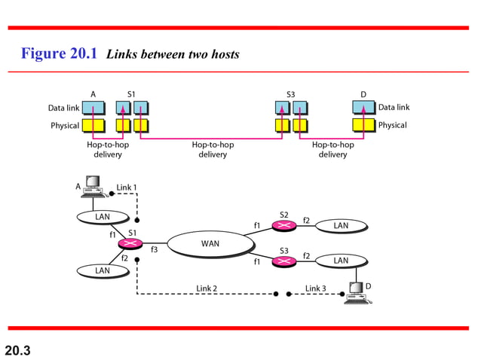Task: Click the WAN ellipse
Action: click(210, 243)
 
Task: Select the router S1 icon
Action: click(130, 243)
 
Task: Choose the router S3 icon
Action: click(283, 261)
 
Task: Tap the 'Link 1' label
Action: click(127, 187)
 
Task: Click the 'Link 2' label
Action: click(207, 288)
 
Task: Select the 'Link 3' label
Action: click(316, 288)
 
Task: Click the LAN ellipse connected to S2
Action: click(341, 225)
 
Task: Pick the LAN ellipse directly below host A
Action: click(103, 217)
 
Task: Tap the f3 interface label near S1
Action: click(154, 249)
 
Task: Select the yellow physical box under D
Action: click(363, 125)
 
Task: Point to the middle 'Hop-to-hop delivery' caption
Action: click(213, 149)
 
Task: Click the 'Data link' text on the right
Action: click(394, 108)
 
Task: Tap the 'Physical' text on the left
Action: click(65, 125)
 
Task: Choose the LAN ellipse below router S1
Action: click(103, 270)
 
